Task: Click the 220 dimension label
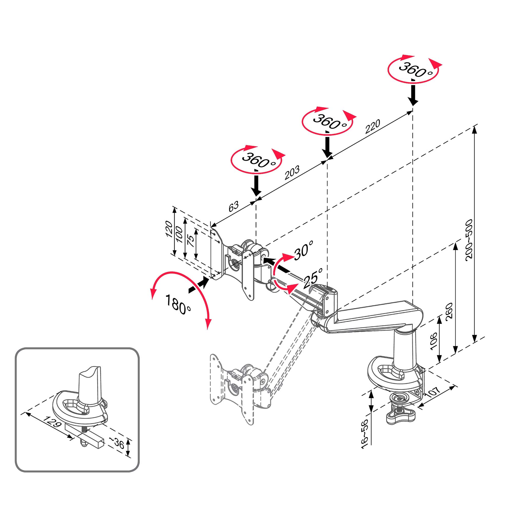[x=372, y=127]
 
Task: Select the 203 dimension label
[x=292, y=173]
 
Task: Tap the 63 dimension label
[x=234, y=206]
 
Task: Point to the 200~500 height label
[x=469, y=239]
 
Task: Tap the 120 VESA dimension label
[x=169, y=229]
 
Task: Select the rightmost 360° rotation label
[x=415, y=70]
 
